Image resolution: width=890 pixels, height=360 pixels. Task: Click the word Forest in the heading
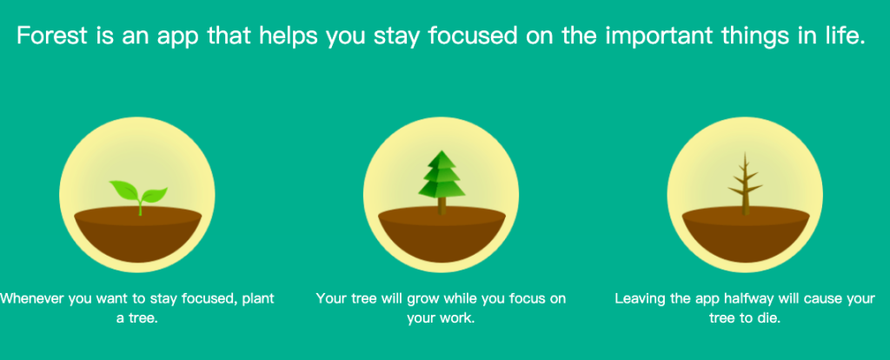coord(53,37)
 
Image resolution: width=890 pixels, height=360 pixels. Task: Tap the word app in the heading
coord(172,37)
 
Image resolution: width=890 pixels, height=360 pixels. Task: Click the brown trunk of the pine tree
coord(442,206)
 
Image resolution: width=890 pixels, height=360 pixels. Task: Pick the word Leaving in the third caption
coord(640,299)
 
